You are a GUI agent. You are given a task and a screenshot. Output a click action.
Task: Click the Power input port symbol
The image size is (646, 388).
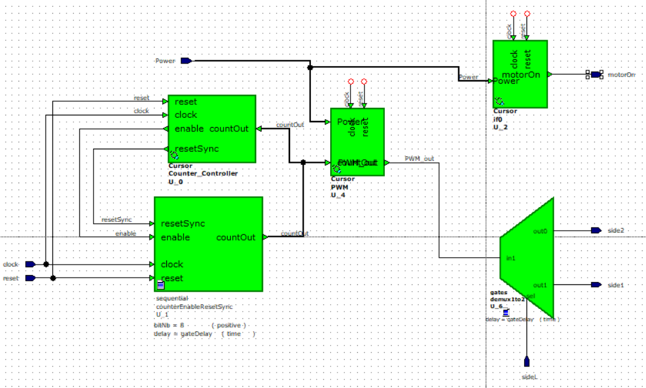pos(186,61)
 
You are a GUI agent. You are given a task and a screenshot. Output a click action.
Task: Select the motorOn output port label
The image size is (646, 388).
pos(620,75)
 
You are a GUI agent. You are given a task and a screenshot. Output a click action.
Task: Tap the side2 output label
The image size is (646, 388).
pos(616,230)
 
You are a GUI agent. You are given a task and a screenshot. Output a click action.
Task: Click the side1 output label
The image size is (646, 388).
pos(616,285)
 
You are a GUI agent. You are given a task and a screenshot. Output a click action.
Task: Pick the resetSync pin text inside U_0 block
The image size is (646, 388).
pos(196,149)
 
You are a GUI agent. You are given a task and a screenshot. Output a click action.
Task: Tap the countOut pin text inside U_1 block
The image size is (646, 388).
pos(236,237)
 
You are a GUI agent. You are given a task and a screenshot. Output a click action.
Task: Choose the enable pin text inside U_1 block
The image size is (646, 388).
pos(175,237)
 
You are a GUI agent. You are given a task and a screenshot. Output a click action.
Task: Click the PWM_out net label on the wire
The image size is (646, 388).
pos(419,159)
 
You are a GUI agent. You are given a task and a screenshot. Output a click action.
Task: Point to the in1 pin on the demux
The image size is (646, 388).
pos(511,258)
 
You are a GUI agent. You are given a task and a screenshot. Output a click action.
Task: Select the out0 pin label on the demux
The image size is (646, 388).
pos(539,231)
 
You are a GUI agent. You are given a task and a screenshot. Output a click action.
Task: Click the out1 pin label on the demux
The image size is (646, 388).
pos(539,285)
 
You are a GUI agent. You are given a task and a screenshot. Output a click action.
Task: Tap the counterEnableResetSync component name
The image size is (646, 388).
pos(193,306)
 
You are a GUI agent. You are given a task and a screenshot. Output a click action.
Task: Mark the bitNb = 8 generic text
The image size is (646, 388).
pos(169,324)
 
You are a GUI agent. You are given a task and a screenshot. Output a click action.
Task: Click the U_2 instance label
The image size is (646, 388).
pos(500,126)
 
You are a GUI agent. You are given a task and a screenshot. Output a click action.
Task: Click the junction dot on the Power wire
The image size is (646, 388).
pos(310,67)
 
